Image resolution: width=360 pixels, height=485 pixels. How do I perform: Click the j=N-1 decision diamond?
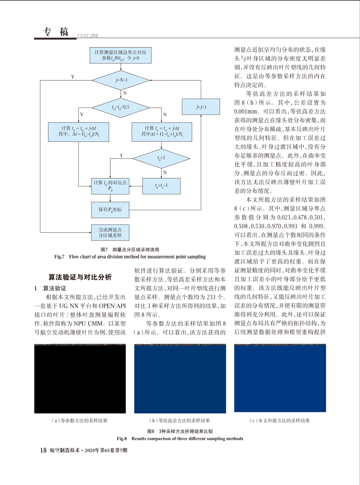coord(121,80)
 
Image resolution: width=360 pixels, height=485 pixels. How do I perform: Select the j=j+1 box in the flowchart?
coord(201,107)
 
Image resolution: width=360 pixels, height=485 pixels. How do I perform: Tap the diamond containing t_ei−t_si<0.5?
coord(121,108)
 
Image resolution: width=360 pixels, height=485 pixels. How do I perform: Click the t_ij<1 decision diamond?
coord(161,159)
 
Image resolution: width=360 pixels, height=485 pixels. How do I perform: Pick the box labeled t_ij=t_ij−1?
coord(161,186)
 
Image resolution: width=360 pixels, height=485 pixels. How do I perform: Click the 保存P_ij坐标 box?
coord(110,210)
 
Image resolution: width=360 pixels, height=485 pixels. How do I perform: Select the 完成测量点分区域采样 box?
coord(110,233)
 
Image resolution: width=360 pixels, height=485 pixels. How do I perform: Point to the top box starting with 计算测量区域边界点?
coord(121,55)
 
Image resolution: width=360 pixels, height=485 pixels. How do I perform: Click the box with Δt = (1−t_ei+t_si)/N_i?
coord(162,132)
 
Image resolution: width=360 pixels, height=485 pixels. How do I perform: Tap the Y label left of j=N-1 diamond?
coord(73,77)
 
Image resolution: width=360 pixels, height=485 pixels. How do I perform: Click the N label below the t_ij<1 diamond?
coord(165,173)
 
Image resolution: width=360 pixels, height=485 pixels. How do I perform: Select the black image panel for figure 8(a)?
coord(80,378)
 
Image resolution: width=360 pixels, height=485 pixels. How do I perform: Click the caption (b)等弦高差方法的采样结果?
coord(179,421)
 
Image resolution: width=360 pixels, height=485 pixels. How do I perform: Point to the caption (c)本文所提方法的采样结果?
coord(280,421)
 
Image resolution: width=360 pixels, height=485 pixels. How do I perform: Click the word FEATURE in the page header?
coord(88,36)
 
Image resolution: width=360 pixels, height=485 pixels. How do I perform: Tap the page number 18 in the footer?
coord(43,450)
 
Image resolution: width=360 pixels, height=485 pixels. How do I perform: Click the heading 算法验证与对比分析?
coord(80,277)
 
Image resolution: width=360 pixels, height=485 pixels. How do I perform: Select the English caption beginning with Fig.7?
coord(130,257)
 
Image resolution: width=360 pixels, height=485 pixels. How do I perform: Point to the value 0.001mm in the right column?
coord(246,111)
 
